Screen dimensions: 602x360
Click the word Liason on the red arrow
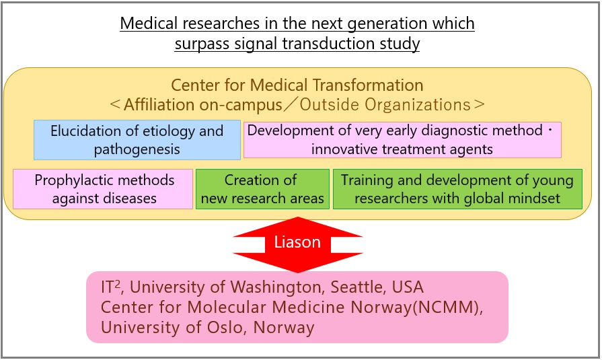point(297,242)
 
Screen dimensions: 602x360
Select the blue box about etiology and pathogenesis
point(137,140)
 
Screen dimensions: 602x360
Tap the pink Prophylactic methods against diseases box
point(103,189)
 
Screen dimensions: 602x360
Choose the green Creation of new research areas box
point(262,189)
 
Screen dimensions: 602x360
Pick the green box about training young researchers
point(457,189)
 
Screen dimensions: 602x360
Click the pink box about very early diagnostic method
point(402,140)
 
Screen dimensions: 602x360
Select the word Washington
point(276,287)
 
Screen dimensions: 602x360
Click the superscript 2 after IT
point(118,283)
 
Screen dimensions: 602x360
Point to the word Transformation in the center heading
point(368,85)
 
